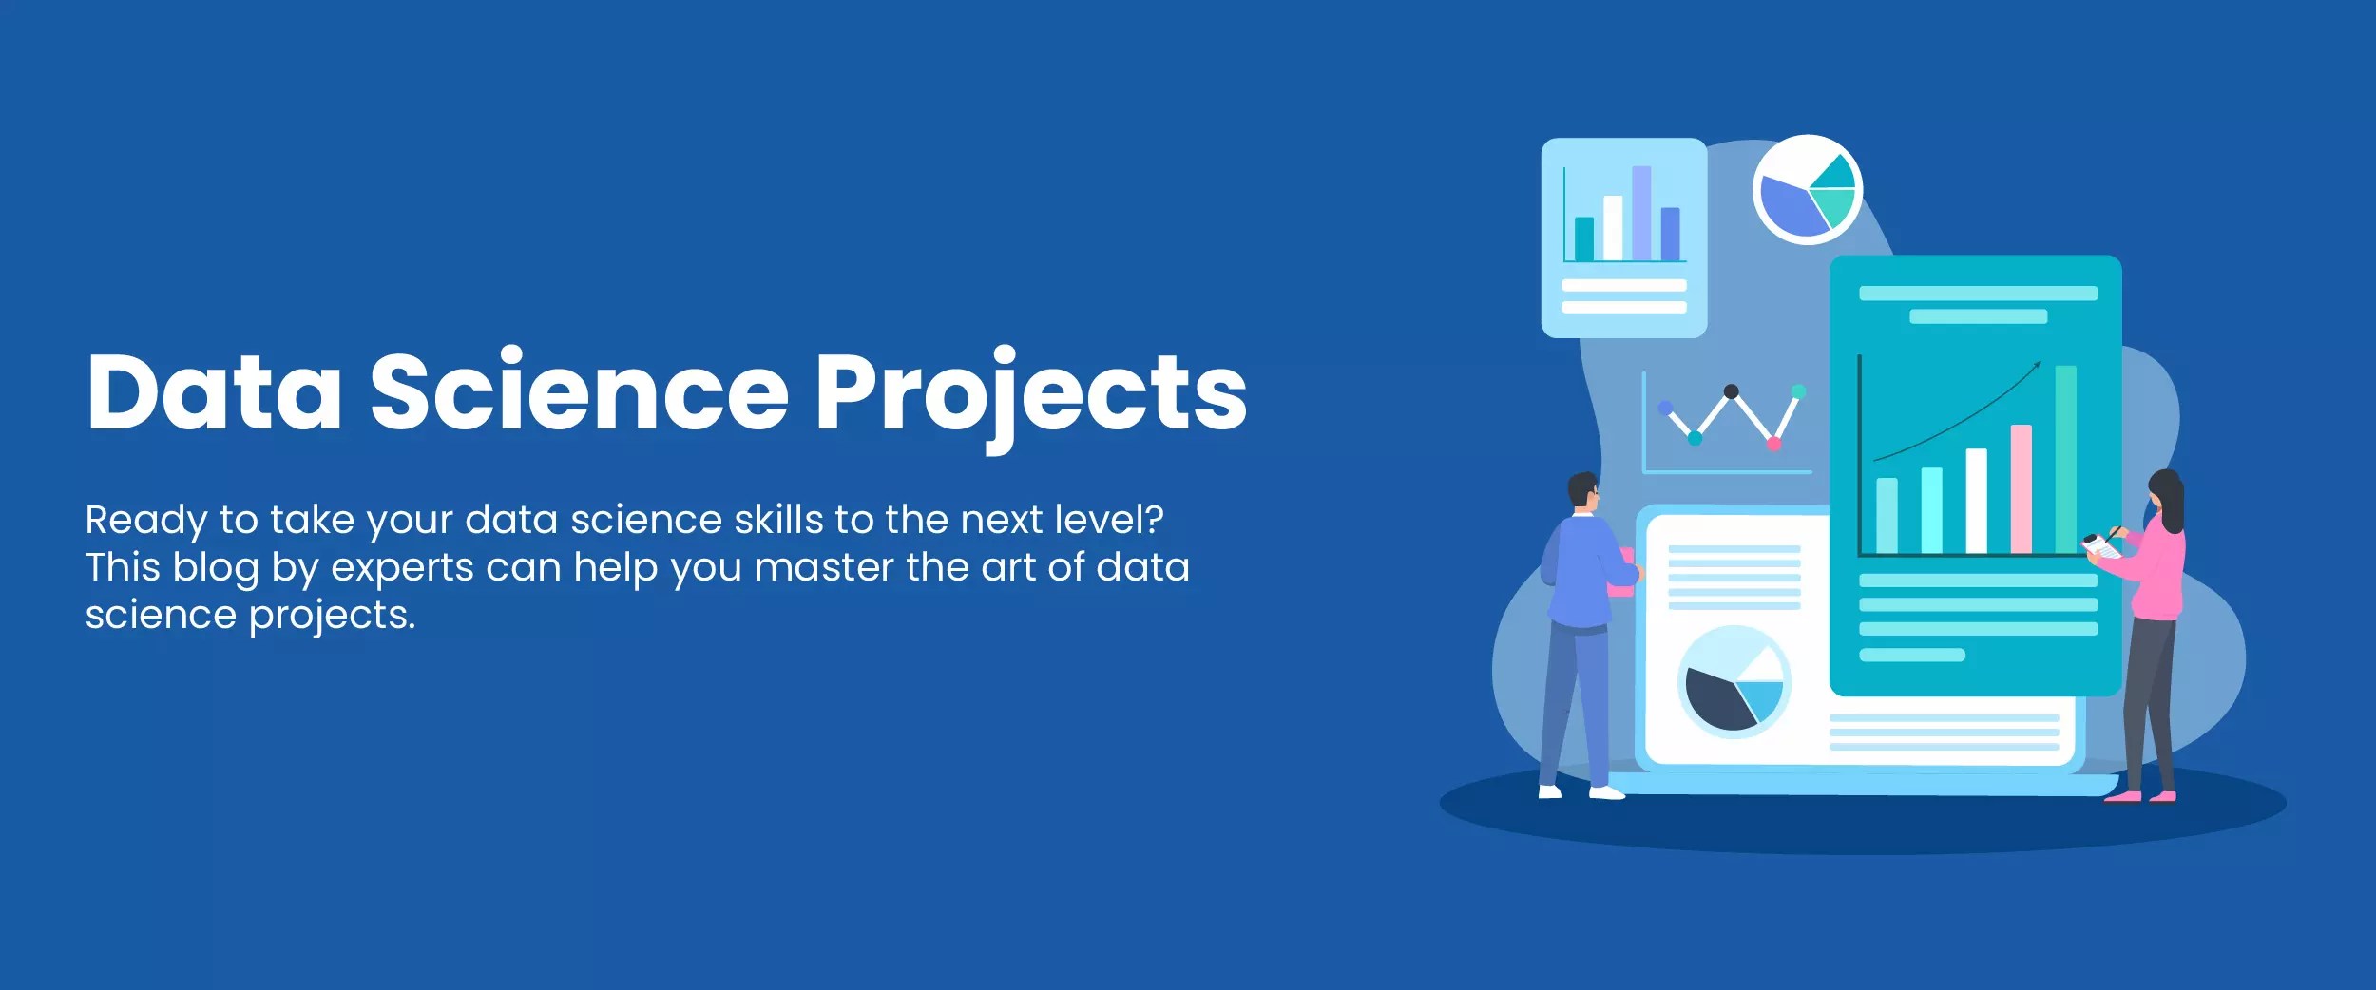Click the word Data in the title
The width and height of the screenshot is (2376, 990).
click(x=214, y=391)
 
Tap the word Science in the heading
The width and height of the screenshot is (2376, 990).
click(x=579, y=391)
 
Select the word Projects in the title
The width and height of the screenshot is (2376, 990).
click(x=1030, y=391)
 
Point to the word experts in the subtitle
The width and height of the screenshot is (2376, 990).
click(x=401, y=568)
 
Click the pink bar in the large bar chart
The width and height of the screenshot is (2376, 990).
click(x=2022, y=488)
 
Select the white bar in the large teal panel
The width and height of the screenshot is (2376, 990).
click(x=1976, y=501)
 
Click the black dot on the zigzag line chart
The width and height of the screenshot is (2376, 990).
click(x=1731, y=391)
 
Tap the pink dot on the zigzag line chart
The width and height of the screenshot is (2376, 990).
click(x=1773, y=444)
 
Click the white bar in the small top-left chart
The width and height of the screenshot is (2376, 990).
click(x=1613, y=227)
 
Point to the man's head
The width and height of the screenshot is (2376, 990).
click(x=1582, y=490)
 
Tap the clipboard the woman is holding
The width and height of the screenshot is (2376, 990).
click(x=2100, y=546)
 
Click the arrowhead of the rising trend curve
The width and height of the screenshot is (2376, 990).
click(x=2036, y=365)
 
